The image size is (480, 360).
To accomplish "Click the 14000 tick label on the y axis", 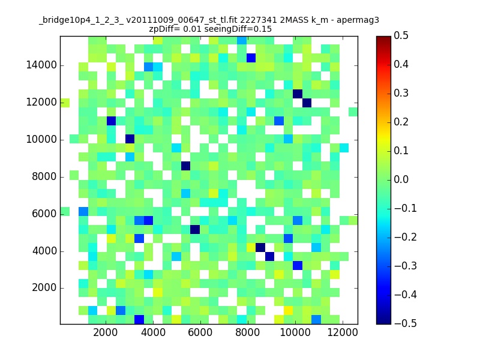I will point(41,65).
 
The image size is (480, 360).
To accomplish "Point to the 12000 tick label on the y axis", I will point(41,103).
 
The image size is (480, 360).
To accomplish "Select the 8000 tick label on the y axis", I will point(44,176).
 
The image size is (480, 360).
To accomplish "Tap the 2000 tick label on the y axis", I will point(44,288).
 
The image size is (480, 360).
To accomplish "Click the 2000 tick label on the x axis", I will point(106,332).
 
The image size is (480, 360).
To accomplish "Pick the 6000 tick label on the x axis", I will point(200,332).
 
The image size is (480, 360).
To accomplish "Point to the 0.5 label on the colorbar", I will point(403,35).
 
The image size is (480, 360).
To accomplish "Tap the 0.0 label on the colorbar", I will point(403,179).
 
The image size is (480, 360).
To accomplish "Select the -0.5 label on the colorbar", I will point(401,323).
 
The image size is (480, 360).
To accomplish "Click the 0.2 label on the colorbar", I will point(403,122).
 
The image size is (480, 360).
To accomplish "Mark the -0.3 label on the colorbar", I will point(401,266).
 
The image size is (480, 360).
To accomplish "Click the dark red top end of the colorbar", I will point(383,38).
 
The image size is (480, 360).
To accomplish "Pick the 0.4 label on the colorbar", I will point(403,64).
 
